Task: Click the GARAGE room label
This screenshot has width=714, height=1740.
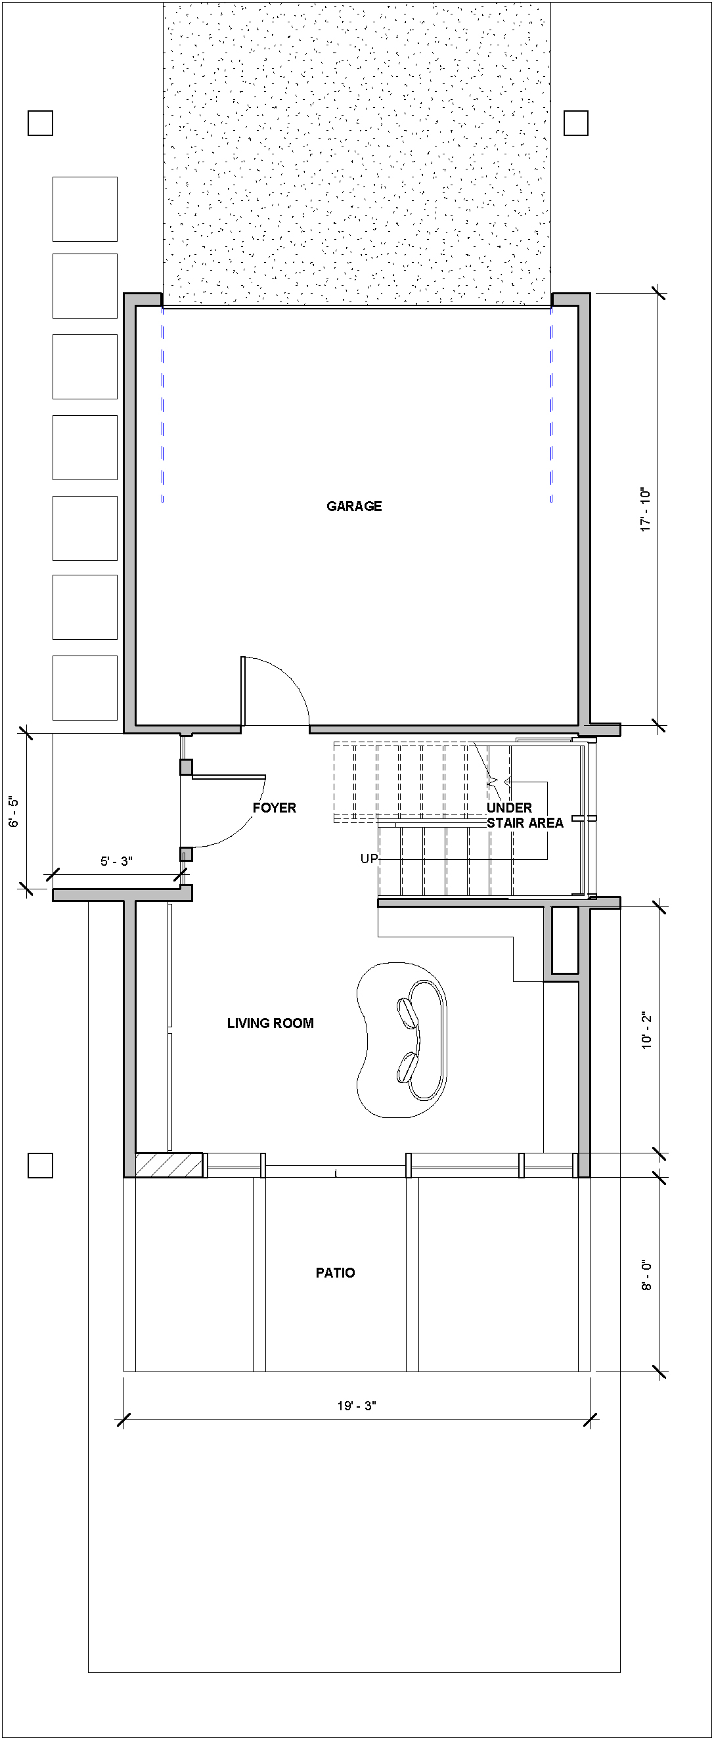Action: (x=354, y=506)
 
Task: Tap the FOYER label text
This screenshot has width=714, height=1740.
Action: (x=275, y=807)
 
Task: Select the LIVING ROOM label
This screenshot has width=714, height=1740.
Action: (x=270, y=1023)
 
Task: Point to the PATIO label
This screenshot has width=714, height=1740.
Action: (x=335, y=1272)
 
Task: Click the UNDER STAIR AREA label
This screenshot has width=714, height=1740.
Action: (x=525, y=814)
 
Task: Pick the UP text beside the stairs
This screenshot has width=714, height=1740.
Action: (x=368, y=859)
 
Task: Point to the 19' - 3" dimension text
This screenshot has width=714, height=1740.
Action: (x=357, y=1406)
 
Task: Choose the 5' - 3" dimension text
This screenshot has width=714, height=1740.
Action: (x=116, y=861)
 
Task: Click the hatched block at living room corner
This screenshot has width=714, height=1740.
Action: (x=169, y=1165)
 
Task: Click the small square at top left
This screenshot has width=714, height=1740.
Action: (x=41, y=123)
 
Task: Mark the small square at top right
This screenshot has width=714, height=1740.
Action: (x=576, y=123)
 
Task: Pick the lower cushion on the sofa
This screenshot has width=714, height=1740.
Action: (x=407, y=1068)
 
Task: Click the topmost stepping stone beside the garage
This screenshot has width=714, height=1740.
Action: (x=85, y=210)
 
